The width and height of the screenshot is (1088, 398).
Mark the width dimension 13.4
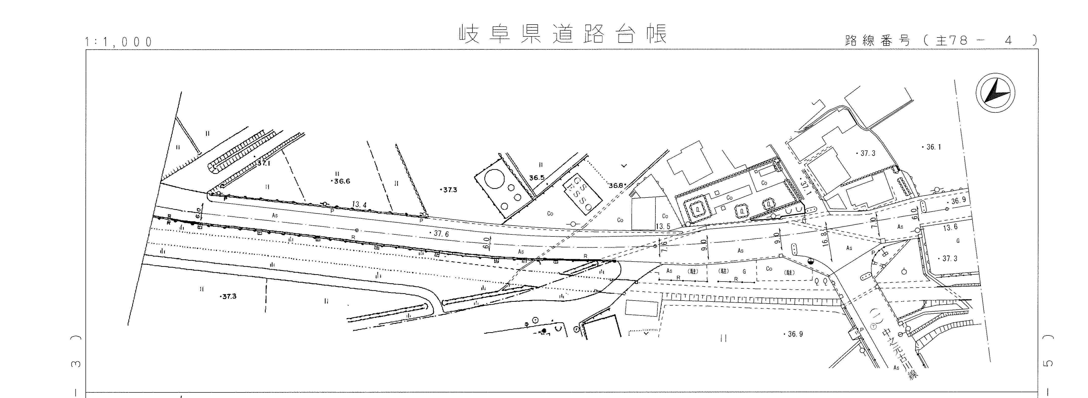click(x=359, y=205)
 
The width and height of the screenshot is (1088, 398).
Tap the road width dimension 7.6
click(x=664, y=246)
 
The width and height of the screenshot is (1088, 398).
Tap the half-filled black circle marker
click(x=811, y=262)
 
